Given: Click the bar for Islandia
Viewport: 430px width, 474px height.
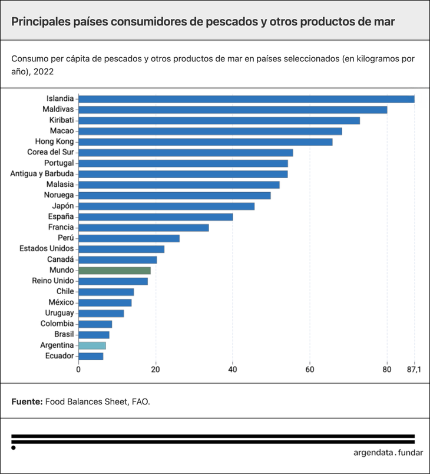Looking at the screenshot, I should (246, 99).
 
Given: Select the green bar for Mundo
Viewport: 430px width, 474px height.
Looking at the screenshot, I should (114, 271).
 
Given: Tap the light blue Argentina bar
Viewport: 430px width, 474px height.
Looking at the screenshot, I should (92, 345).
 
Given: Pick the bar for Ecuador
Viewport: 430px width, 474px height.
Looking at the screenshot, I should (91, 356).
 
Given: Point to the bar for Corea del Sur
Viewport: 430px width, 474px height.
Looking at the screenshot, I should (186, 153).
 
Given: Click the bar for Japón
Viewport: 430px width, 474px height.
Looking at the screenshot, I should (166, 206).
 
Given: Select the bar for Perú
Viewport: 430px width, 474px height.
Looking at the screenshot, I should (129, 238).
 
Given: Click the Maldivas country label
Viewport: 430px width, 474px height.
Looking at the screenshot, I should (58, 110).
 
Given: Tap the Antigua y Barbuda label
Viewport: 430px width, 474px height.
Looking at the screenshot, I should (42, 174).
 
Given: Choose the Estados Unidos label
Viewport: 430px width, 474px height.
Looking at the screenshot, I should (46, 249).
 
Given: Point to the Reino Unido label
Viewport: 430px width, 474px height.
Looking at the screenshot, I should (52, 281).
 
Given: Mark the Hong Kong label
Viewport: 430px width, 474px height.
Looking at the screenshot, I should (54, 142).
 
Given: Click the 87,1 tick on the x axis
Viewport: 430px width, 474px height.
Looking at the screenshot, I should (414, 370).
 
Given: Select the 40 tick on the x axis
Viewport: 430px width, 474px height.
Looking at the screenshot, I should (233, 370).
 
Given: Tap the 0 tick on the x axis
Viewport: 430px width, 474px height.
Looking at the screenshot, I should (78, 370).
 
